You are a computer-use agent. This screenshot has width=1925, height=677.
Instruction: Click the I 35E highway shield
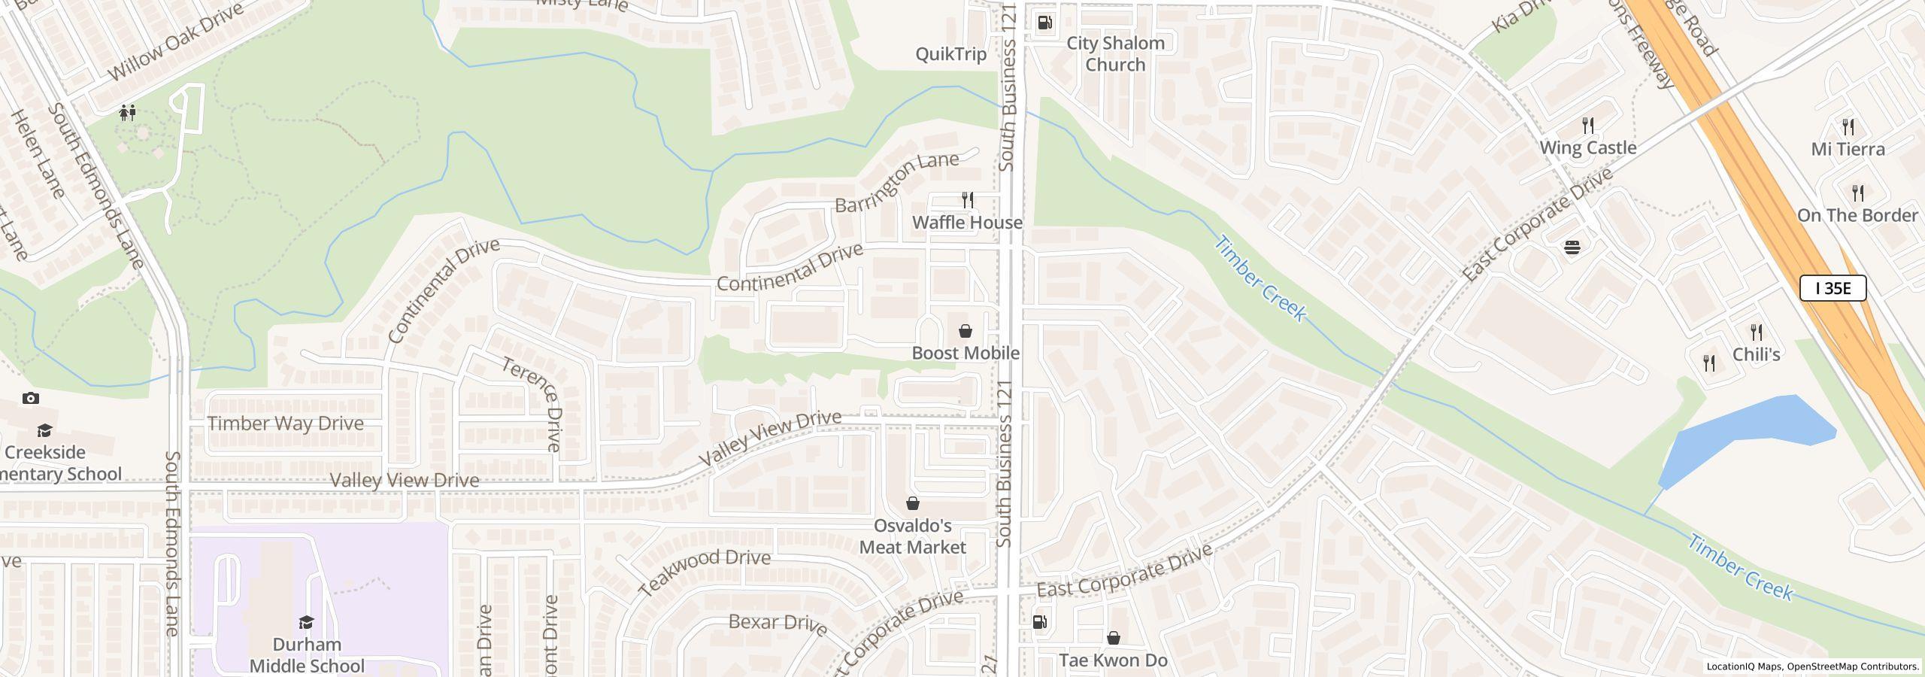pos(1833,288)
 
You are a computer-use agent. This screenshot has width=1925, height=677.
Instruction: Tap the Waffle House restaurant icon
pos(968,200)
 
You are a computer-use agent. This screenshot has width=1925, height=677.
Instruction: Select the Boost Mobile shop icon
pos(966,331)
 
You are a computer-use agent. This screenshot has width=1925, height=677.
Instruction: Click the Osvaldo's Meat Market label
pos(912,536)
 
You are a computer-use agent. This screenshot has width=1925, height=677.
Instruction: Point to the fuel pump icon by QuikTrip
pos(1044,23)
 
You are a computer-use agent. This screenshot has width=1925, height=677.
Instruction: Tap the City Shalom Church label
pos(1115,54)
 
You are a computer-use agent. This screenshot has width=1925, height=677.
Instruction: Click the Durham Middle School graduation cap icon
pos(306,622)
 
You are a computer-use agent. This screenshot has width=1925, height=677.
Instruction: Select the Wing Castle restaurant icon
pos(1588,125)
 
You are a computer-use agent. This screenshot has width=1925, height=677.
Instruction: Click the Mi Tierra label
pos(1848,149)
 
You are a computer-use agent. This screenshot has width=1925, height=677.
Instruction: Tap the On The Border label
pos(1857,215)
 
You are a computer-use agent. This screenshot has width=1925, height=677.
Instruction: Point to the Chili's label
pos(1756,354)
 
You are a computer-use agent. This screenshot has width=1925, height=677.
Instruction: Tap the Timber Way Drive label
pos(285,424)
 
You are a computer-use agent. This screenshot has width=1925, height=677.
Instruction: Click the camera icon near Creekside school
pos(31,399)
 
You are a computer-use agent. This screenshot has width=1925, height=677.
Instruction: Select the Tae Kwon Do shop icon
pos(1114,638)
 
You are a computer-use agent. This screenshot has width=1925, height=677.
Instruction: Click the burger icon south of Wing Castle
pos(1572,247)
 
